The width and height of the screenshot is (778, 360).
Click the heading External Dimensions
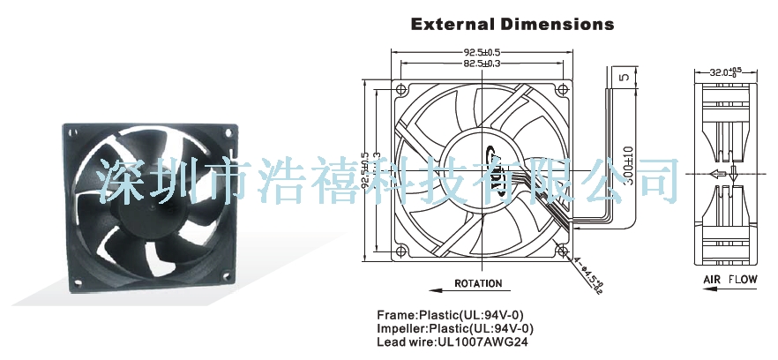click(512, 24)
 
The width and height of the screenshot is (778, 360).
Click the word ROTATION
click(478, 284)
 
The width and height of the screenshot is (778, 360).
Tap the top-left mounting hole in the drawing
click(402, 91)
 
